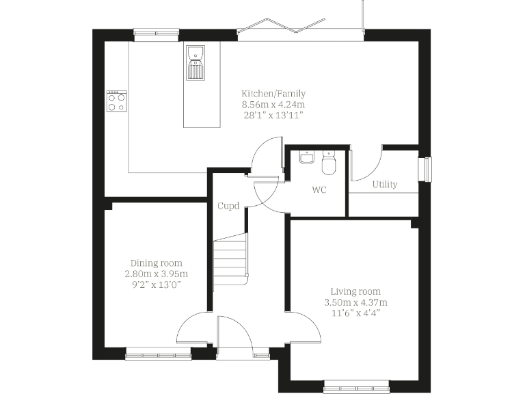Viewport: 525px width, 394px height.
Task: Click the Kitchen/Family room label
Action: (273, 94)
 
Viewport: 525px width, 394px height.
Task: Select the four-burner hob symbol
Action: (116, 102)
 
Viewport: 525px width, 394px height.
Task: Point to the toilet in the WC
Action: (328, 164)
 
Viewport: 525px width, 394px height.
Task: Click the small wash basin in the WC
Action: (306, 158)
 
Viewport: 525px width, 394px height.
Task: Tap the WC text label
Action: (319, 190)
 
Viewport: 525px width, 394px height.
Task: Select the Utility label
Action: (385, 185)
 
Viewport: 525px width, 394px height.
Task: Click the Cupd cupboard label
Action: (228, 206)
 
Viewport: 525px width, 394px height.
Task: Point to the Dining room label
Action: (157, 263)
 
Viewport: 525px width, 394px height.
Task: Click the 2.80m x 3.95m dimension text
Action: (157, 274)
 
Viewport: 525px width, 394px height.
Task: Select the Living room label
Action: (355, 291)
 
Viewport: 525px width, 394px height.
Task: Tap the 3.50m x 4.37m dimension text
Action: (355, 302)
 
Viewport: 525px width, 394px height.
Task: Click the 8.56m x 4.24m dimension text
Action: (273, 105)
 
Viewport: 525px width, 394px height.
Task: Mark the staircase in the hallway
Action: (230, 260)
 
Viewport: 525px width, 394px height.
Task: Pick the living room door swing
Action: (306, 327)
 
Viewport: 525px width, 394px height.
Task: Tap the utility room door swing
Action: (368, 164)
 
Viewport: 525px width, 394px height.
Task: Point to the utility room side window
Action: (427, 168)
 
